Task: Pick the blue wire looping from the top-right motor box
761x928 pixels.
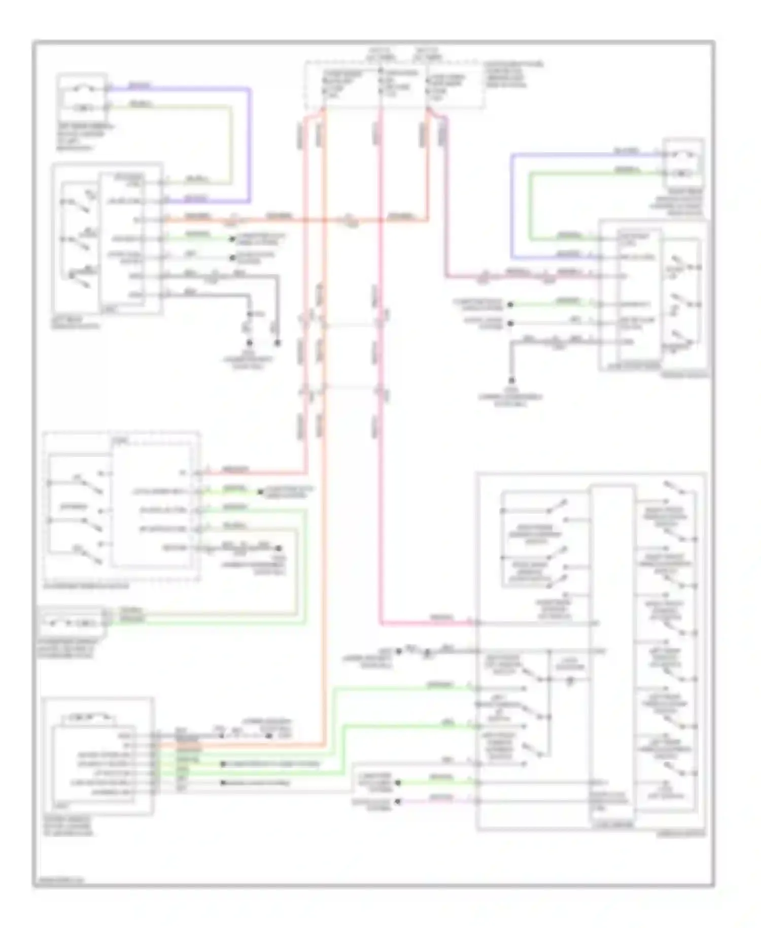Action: (512, 203)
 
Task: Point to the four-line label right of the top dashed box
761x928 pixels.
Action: (512, 75)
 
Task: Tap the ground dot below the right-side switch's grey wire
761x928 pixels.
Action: (511, 380)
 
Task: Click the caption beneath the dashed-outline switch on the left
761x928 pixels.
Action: (86, 586)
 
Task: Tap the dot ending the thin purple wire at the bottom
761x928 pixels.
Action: (398, 801)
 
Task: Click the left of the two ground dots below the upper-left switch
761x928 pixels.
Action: (249, 343)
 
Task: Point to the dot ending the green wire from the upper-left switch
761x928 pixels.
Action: (232, 239)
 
